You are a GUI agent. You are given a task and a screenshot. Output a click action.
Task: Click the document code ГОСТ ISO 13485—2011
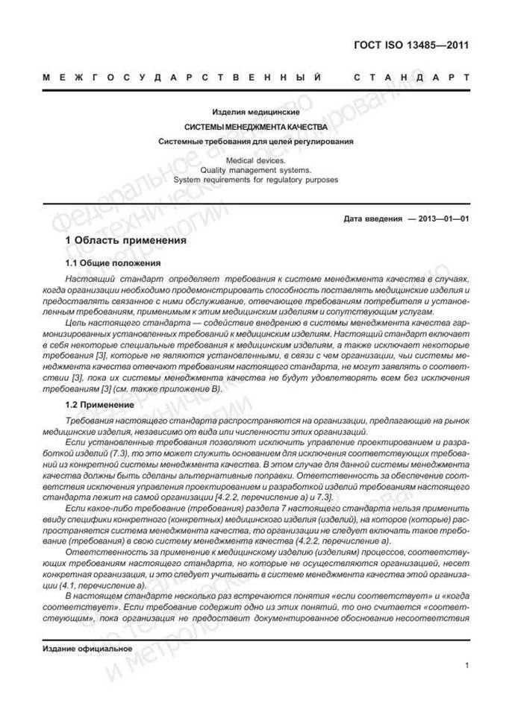411,45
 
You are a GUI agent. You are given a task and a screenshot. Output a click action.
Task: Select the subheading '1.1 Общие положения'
113,263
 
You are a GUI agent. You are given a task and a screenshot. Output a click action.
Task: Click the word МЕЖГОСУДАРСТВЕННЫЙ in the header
183,77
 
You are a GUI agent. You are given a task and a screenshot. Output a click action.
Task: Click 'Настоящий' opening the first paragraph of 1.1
88,277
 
